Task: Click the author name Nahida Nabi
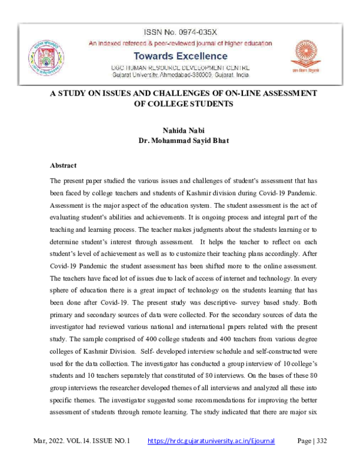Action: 179,130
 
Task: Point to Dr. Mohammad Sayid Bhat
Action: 180,141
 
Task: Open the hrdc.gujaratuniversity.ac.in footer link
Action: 211,441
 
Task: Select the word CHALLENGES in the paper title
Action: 182,93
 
